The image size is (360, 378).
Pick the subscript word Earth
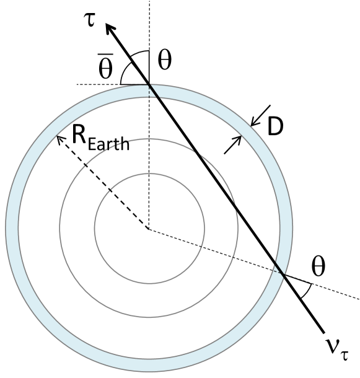click(x=108, y=144)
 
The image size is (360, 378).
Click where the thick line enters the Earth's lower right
click(x=283, y=273)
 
